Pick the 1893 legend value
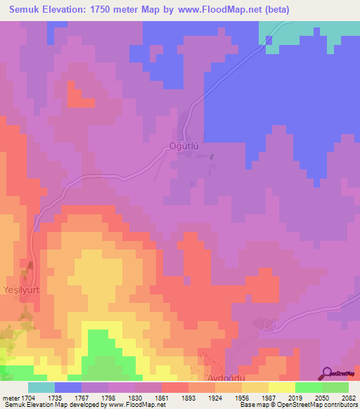tap(187, 397)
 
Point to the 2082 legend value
tap(349, 397)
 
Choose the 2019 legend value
tap(295, 397)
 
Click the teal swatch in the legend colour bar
tap(41, 387)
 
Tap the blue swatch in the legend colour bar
tap(68, 387)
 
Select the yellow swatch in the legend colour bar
tap(282, 387)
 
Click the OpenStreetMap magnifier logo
tap(328, 373)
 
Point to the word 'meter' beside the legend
tap(9, 397)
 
